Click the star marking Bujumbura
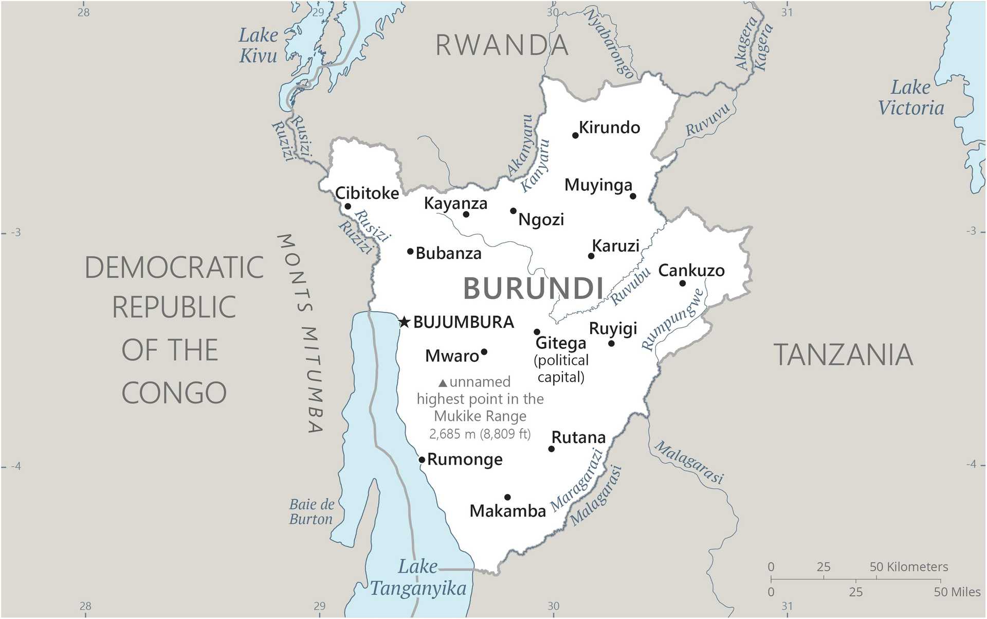point(405,323)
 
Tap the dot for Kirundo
point(575,135)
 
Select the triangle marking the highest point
point(443,383)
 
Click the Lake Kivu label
point(258,45)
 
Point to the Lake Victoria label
point(911,98)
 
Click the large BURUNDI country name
point(533,288)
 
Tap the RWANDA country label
point(502,45)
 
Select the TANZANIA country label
point(843,355)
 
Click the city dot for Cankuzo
point(683,284)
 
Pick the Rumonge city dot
point(422,459)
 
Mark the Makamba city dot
point(507,497)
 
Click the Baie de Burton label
point(312,511)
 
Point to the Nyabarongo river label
point(610,44)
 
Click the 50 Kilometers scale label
point(908,567)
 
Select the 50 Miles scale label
point(957,592)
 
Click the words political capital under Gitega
point(561,368)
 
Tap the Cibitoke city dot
point(348,206)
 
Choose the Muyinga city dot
point(633,196)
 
